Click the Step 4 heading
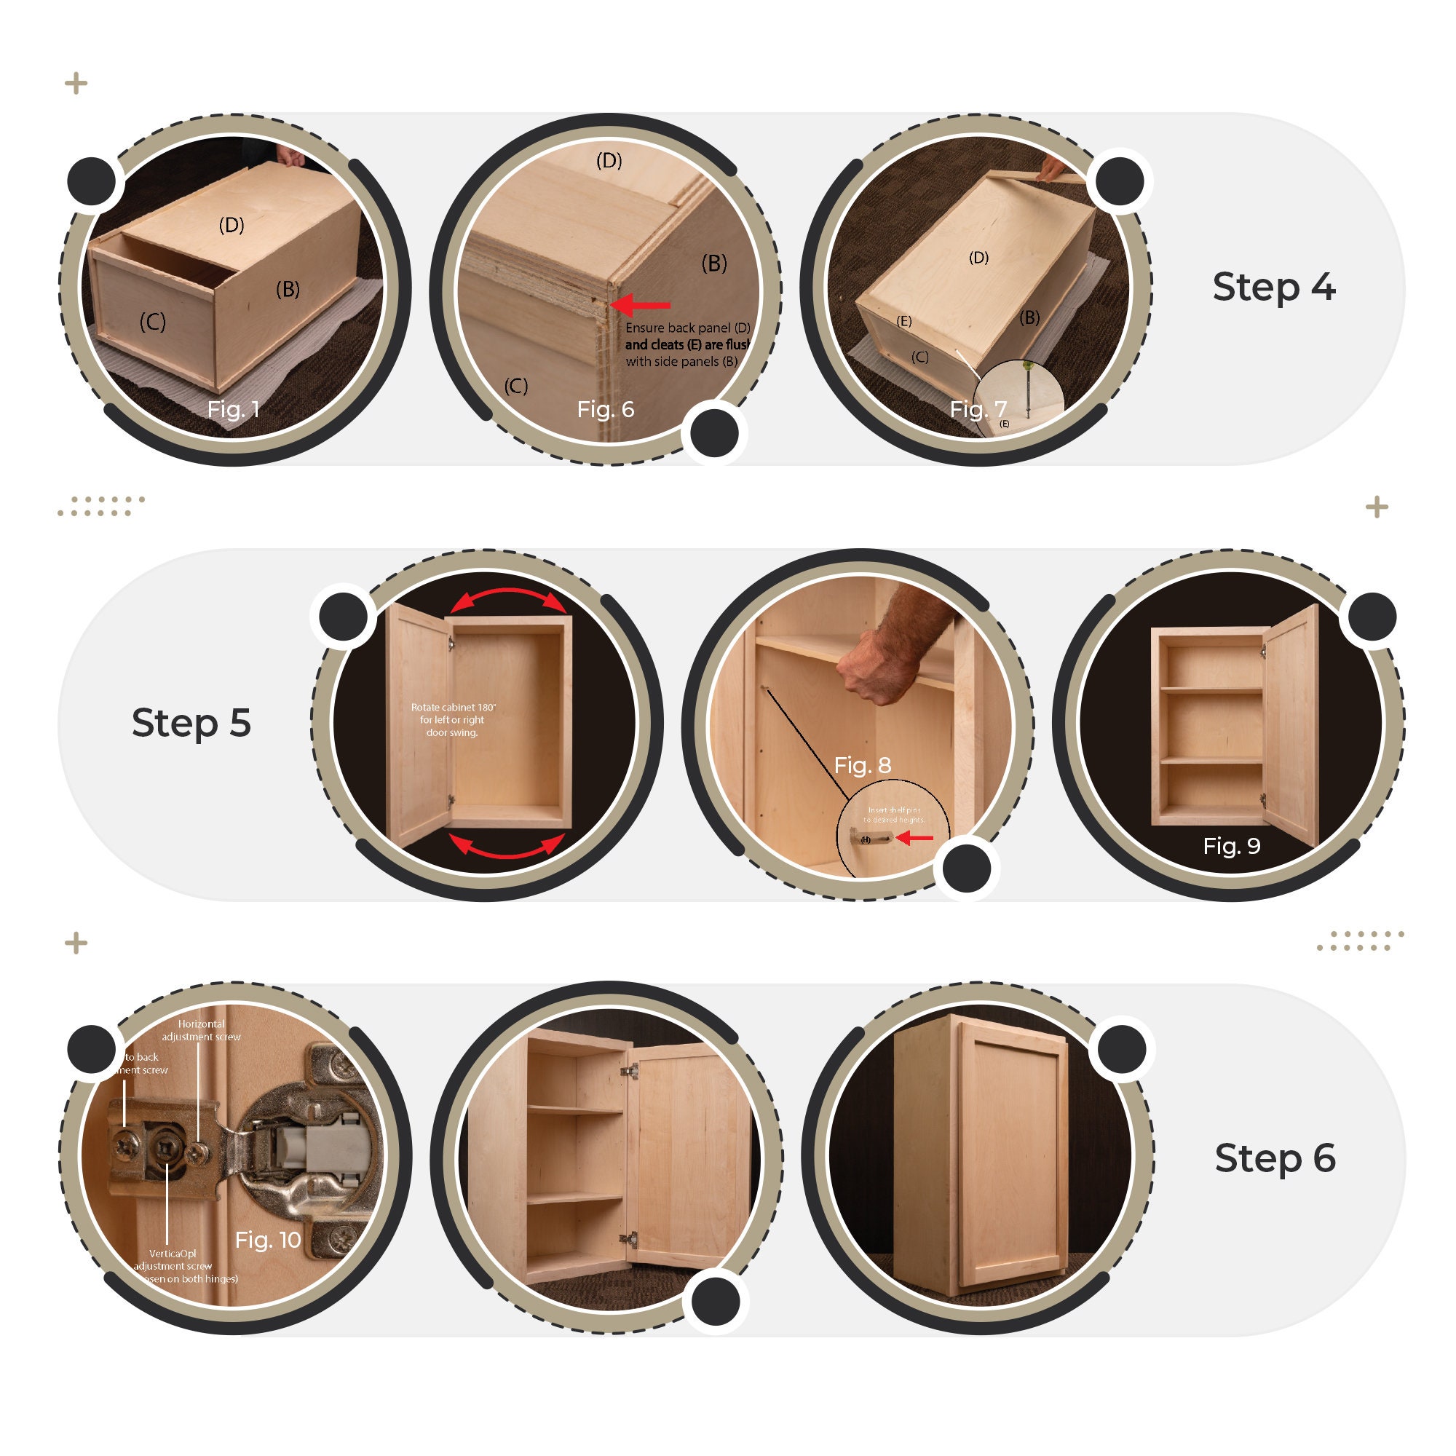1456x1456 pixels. point(1273,288)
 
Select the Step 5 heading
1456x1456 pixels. point(191,723)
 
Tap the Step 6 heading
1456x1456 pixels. point(1275,1158)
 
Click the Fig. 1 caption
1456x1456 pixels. point(234,409)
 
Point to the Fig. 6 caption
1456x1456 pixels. point(605,409)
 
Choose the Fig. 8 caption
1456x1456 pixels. point(862,766)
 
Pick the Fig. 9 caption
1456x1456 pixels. point(1232,845)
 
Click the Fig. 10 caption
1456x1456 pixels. point(267,1240)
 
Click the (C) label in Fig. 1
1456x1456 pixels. point(152,323)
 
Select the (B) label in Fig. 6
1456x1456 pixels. point(713,264)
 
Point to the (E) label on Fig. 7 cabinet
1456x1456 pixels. point(904,322)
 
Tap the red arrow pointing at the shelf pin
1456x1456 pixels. point(916,837)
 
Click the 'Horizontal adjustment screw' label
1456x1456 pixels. point(201,1030)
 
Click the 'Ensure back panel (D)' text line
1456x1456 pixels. point(687,328)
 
